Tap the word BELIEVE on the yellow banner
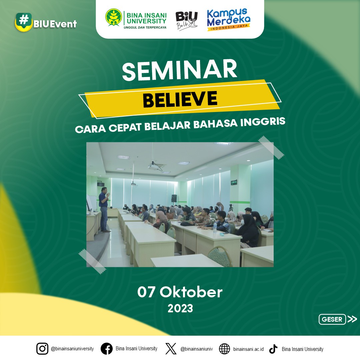[x=180, y=99]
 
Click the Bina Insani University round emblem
[x=114, y=17]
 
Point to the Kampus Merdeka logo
[x=228, y=20]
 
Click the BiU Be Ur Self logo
[x=186, y=21]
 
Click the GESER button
[x=332, y=319]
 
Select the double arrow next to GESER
[x=352, y=319]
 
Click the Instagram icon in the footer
[x=42, y=349]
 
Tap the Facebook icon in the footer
[x=107, y=349]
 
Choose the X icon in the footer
[x=171, y=349]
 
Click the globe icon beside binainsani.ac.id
[x=224, y=349]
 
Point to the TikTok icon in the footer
[x=273, y=349]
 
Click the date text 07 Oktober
[x=180, y=292]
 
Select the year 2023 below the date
[x=180, y=308]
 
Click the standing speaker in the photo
[x=104, y=209]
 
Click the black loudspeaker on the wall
[x=174, y=198]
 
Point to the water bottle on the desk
[x=215, y=227]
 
